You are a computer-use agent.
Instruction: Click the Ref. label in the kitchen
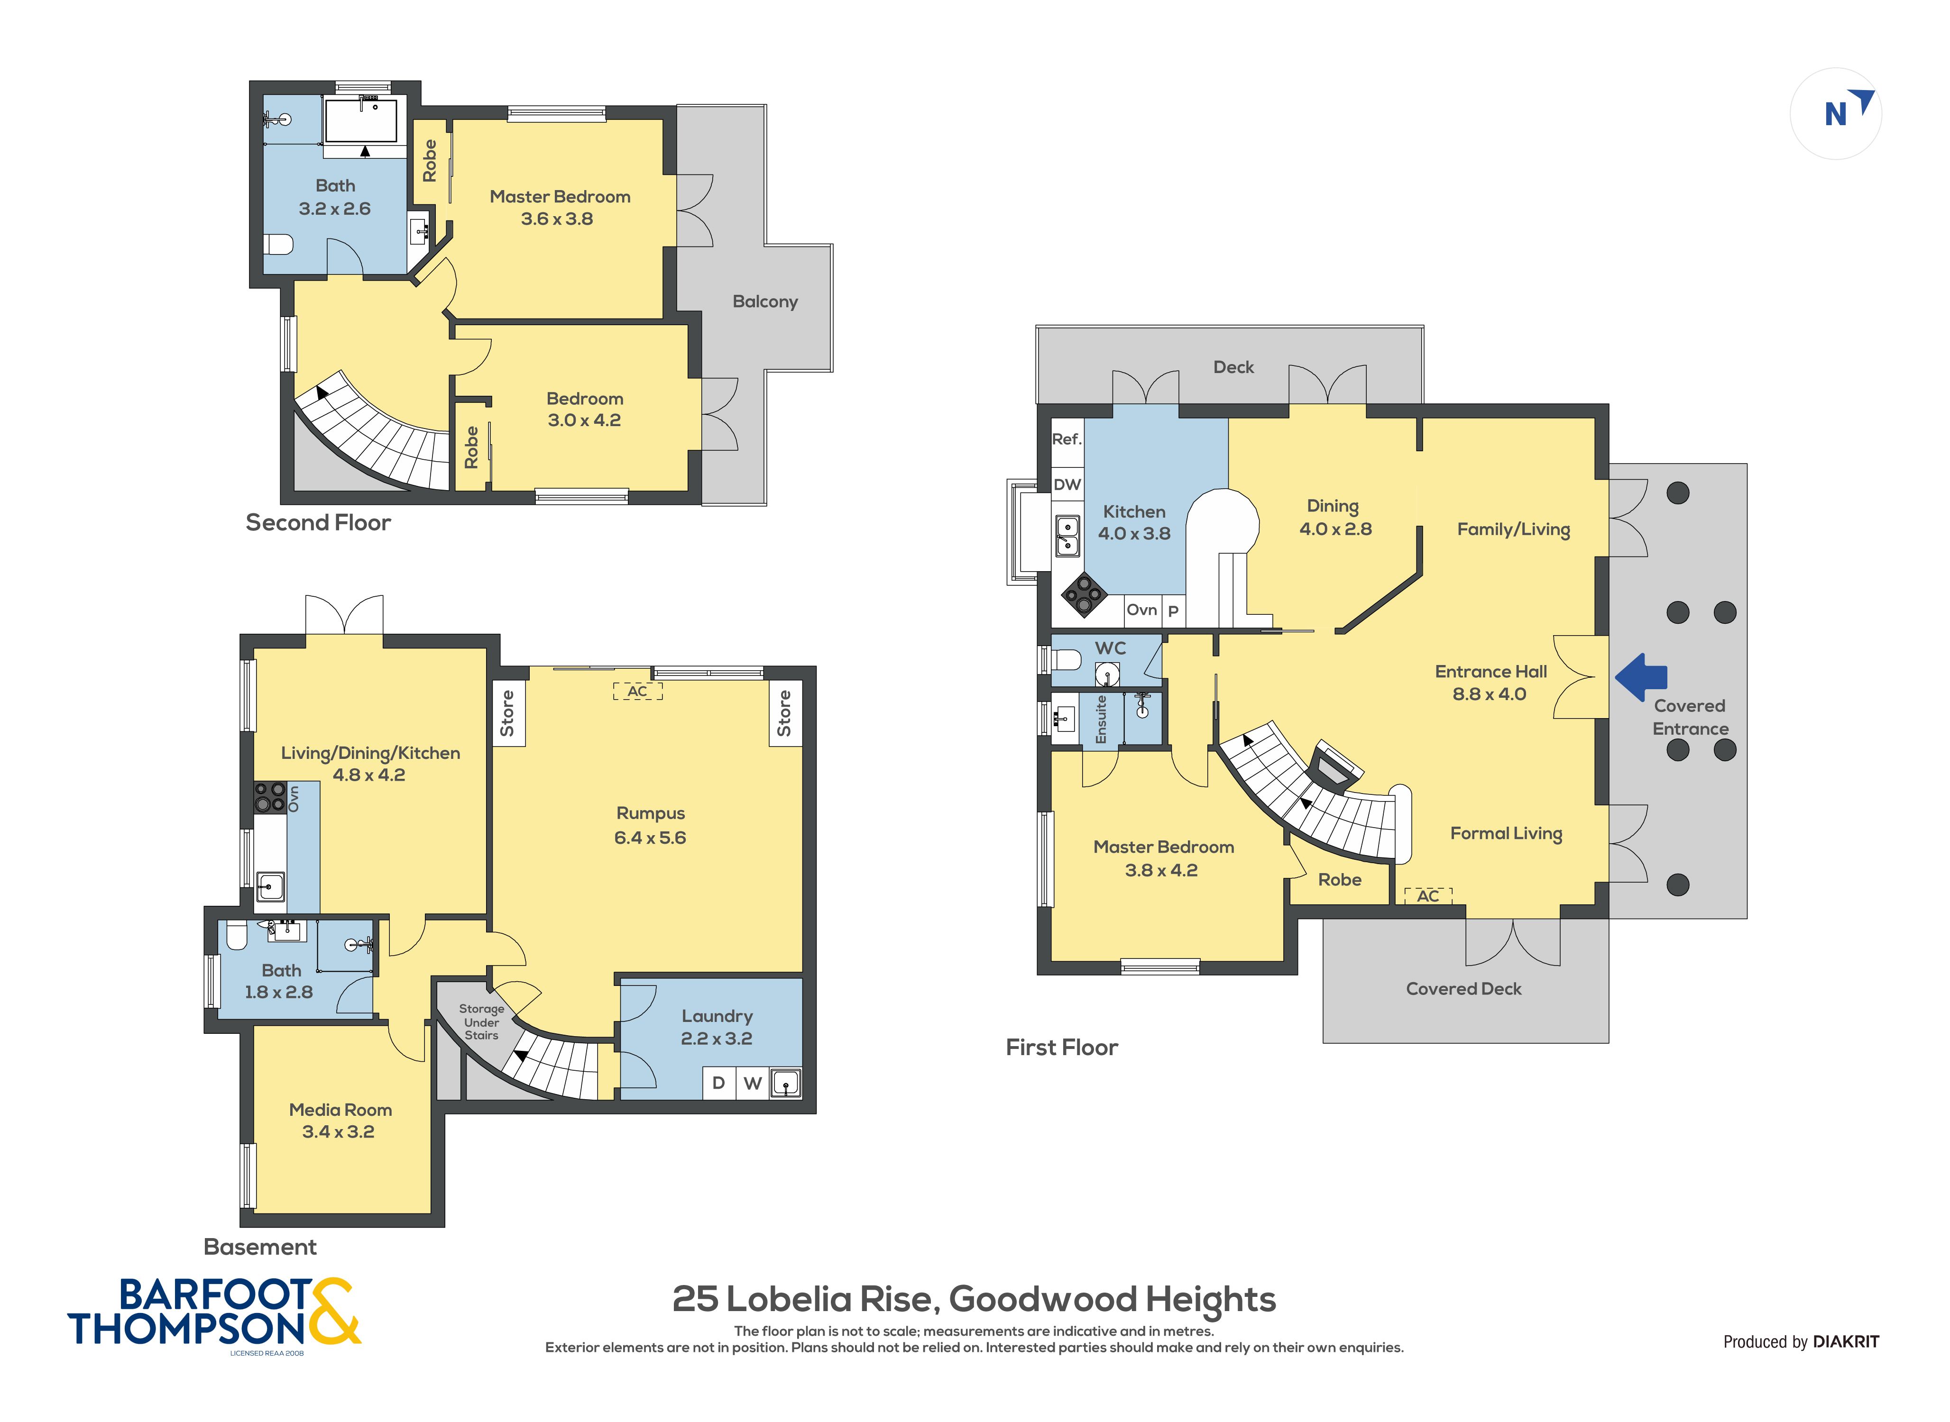[1067, 439]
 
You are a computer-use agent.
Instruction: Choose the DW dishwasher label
[1067, 484]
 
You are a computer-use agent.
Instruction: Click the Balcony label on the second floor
[764, 302]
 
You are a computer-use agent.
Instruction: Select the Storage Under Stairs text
[481, 1022]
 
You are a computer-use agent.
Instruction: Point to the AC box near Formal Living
[1427, 896]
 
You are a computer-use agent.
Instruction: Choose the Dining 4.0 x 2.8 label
[1334, 517]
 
